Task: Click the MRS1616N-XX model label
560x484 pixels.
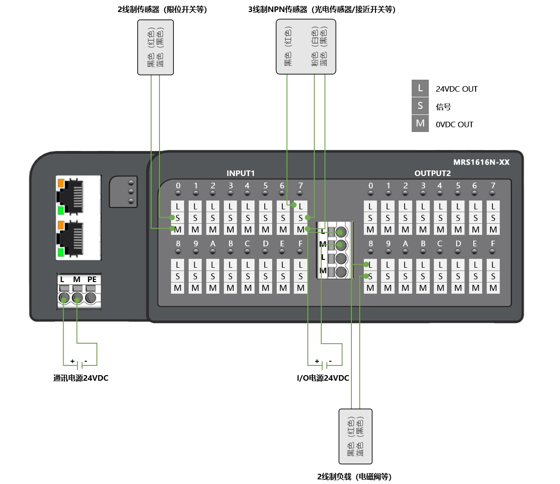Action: coord(481,162)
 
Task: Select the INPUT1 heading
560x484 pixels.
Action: coord(241,173)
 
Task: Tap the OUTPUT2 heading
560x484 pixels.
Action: coord(433,173)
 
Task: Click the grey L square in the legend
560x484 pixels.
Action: coord(420,88)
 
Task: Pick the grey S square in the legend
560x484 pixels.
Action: coord(420,106)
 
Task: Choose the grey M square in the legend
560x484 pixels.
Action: coord(420,124)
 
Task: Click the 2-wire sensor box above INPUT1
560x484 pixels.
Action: coord(155,47)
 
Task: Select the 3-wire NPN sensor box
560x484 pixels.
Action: coord(306,46)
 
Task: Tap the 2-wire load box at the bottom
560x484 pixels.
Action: coord(356,436)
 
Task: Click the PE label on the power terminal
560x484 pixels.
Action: coord(92,279)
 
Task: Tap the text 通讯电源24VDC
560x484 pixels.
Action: coord(81,378)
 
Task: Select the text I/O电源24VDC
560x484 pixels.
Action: coord(323,378)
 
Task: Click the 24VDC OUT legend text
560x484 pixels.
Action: coord(456,89)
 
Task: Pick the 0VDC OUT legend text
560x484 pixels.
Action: coord(454,125)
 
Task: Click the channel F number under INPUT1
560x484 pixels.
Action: coord(300,244)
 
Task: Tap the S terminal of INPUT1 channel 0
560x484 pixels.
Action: coord(178,218)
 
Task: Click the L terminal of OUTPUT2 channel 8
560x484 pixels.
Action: coord(370,264)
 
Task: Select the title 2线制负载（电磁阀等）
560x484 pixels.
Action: coord(354,477)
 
